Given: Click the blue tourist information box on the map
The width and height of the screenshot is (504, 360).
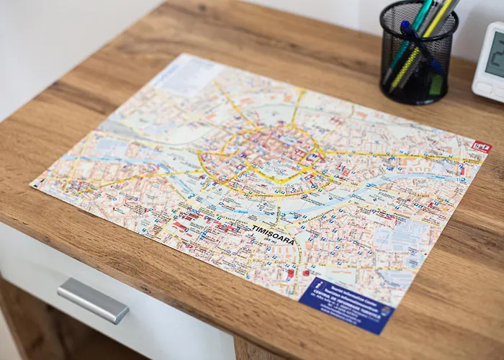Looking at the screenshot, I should pyautogui.click(x=346, y=305).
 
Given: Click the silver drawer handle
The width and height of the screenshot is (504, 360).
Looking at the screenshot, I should pyautogui.click(x=92, y=300).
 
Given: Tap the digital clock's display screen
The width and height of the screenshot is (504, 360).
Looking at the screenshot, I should pyautogui.click(x=495, y=55).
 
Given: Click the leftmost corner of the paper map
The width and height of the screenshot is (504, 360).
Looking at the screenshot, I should pyautogui.click(x=31, y=184).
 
